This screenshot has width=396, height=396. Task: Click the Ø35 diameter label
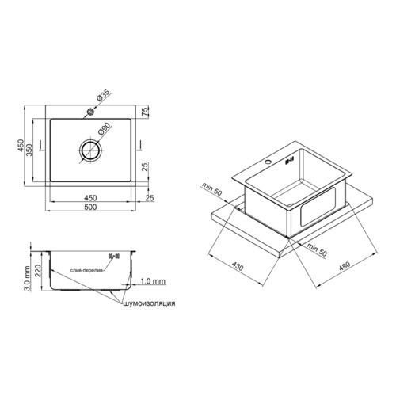103,95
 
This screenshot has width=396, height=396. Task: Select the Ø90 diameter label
104,129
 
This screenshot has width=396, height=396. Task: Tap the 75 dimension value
145,111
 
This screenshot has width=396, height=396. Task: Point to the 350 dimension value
29,150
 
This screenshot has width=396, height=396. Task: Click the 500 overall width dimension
90,207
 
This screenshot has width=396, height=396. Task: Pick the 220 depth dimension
38,271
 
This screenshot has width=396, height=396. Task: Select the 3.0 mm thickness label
27,278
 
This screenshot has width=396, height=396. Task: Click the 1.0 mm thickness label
153,281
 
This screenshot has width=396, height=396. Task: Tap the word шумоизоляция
149,303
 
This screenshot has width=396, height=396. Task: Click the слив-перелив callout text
86,271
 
